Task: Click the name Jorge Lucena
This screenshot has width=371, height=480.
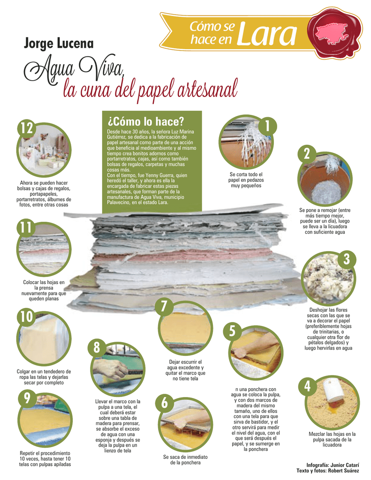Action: [x=59, y=44]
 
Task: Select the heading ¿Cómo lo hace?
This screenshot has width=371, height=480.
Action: [x=145, y=121]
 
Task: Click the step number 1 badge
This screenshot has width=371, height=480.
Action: [x=267, y=126]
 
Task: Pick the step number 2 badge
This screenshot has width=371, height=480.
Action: [x=307, y=154]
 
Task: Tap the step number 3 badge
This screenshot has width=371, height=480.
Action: [x=347, y=259]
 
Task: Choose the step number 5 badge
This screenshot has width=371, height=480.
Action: [x=232, y=331]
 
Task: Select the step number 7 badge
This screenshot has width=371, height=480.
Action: [x=164, y=306]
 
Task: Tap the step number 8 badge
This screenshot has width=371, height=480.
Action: [x=97, y=347]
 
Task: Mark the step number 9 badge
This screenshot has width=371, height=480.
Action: [x=27, y=398]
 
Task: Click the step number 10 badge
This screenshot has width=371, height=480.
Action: [x=27, y=317]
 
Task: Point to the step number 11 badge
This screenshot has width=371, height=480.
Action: [x=26, y=227]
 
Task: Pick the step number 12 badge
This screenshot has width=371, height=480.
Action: [x=27, y=128]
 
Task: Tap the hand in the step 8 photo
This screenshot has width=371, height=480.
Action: [x=110, y=367]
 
